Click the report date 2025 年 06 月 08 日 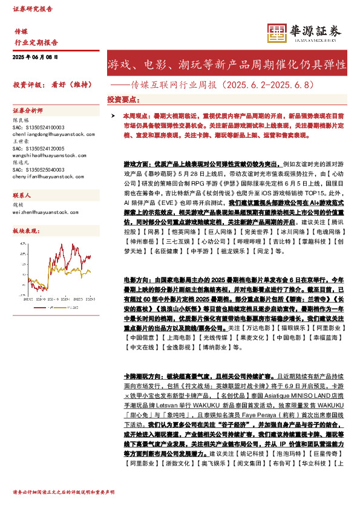pos(35,56)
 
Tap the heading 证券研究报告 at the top pos(33,9)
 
